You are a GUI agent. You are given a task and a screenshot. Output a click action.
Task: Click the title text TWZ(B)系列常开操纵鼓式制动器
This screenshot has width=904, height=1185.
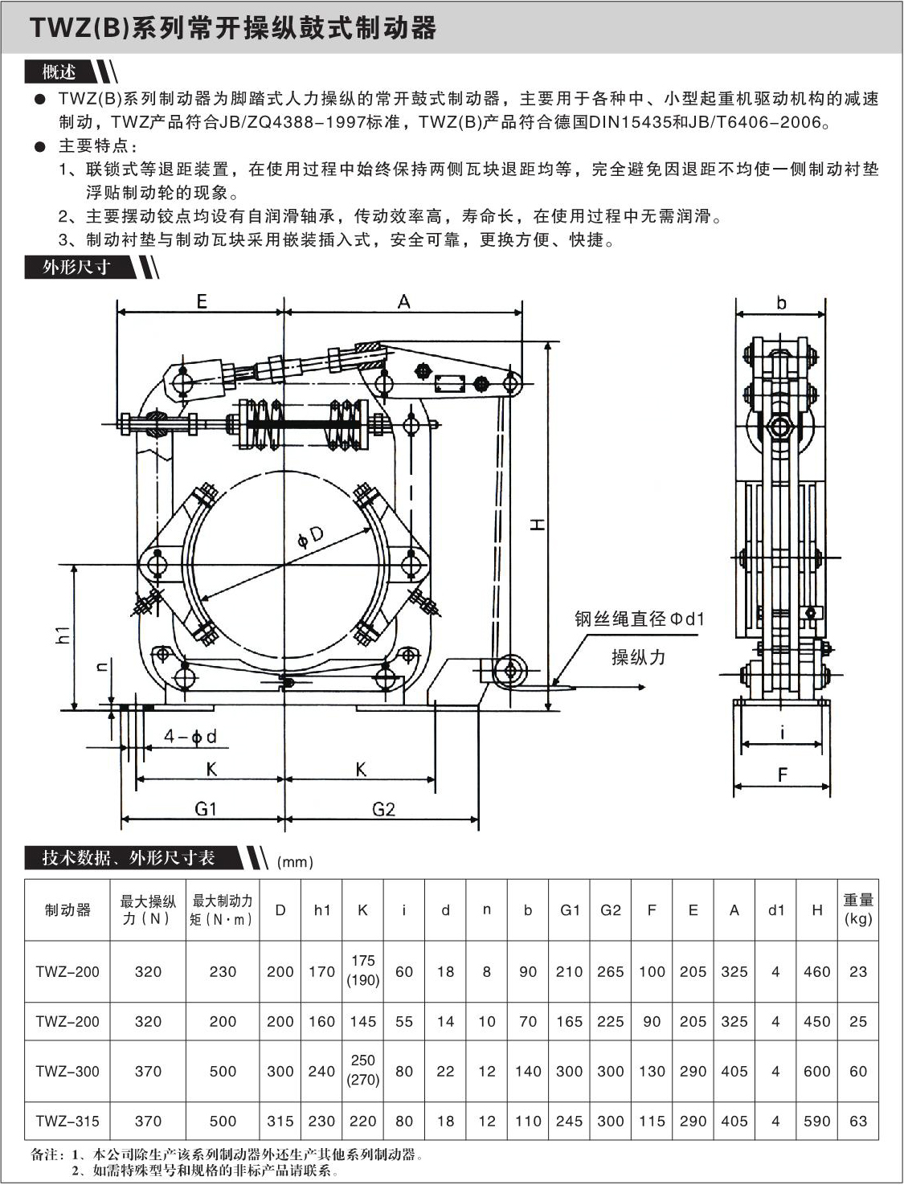coord(233,28)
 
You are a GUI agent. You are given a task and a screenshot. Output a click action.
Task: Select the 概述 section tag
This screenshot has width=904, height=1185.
coord(60,72)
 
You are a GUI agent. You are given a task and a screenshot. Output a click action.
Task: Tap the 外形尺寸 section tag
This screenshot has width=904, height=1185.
coord(76,267)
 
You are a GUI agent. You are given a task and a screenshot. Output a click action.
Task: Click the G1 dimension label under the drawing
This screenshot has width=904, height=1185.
coord(206,808)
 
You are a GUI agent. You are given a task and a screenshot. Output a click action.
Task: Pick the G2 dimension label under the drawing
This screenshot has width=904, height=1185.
coord(383,808)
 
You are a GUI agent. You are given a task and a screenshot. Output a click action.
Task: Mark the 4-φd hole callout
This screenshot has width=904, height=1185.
coord(190,736)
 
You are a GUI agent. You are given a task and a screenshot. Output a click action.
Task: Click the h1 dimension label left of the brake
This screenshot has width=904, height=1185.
coord(65,634)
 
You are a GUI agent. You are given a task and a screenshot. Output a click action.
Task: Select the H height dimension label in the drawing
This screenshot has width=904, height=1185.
coord(538,525)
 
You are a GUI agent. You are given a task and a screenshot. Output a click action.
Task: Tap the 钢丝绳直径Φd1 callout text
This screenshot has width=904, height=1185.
coord(639,619)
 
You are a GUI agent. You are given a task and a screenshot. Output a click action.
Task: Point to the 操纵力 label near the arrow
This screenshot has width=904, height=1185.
coord(639,657)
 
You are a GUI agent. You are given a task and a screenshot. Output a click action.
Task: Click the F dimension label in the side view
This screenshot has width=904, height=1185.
coord(782,774)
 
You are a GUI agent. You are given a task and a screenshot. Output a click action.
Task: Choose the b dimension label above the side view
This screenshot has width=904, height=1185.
coord(781,303)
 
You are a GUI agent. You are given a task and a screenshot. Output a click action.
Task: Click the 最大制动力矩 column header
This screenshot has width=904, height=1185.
coord(222,909)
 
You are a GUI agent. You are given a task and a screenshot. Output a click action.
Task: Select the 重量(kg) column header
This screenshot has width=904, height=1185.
coord(857,909)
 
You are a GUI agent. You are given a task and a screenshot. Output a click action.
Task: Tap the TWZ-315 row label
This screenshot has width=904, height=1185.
coord(67,1121)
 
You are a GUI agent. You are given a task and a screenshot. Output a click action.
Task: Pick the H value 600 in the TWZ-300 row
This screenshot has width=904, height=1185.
coord(816,1071)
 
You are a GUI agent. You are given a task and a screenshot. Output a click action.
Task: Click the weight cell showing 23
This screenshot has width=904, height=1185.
coord(857,971)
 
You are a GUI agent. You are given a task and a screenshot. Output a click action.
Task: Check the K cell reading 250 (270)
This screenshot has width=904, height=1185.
coord(362,1070)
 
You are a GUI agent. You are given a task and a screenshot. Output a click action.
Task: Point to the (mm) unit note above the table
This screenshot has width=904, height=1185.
coord(295,862)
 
